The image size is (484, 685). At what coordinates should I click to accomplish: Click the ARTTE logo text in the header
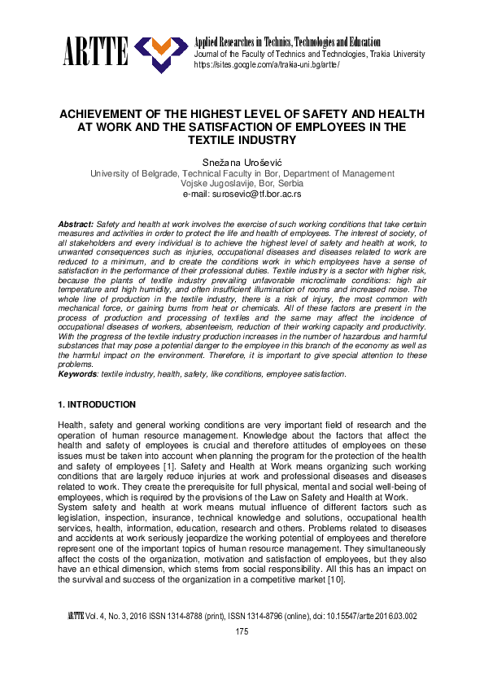[x=94, y=53]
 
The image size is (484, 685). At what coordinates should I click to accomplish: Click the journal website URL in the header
[x=266, y=65]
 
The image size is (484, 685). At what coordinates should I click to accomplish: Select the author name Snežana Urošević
[x=242, y=162]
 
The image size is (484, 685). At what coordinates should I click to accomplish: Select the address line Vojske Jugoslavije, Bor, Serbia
[x=242, y=184]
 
